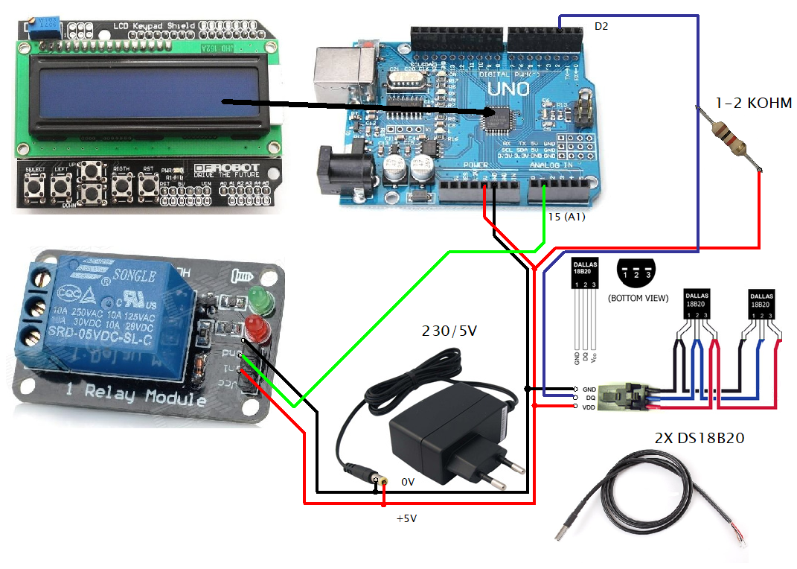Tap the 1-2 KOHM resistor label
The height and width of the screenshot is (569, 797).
(753, 104)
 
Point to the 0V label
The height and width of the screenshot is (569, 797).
(408, 482)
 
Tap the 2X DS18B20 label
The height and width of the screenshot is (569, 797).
(700, 439)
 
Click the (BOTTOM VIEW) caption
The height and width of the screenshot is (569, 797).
(638, 298)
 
